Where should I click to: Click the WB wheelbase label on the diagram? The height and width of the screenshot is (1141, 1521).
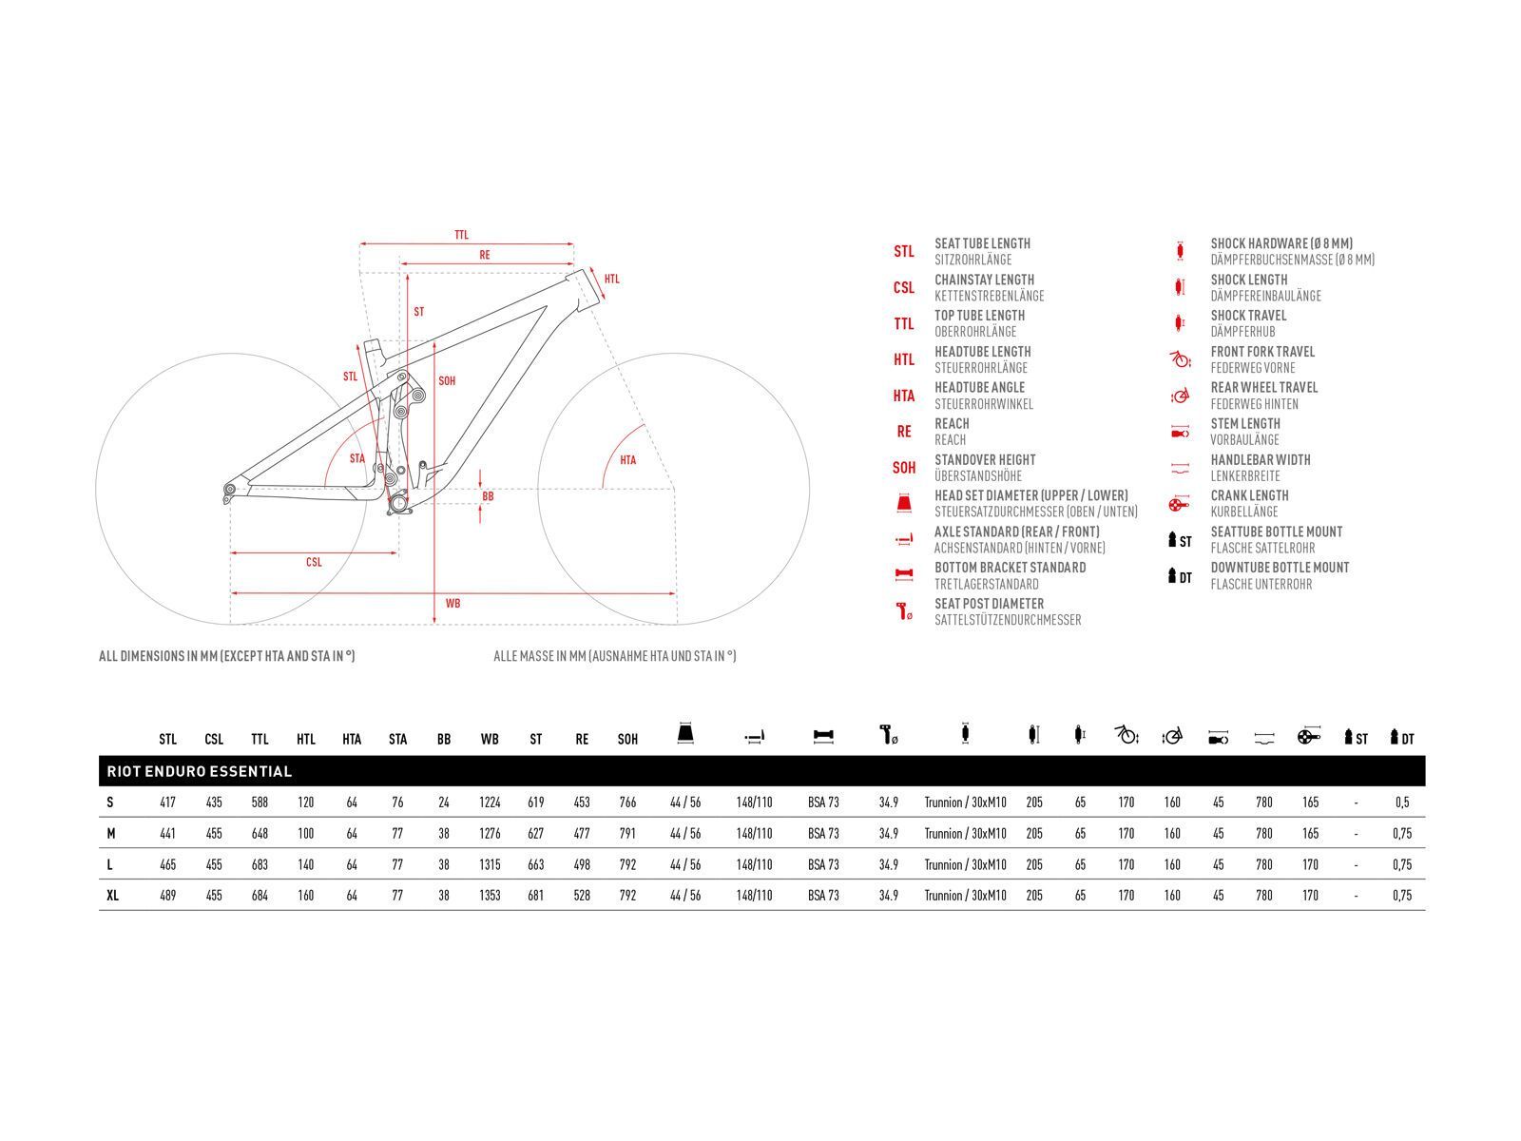[x=452, y=604]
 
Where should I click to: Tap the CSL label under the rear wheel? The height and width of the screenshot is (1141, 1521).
[x=314, y=562]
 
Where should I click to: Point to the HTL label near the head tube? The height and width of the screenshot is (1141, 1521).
[x=612, y=279]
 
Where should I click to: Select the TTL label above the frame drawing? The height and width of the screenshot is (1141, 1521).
[x=461, y=235]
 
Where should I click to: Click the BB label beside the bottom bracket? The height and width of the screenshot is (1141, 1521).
[x=488, y=496]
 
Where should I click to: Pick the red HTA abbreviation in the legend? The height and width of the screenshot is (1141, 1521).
[x=903, y=396]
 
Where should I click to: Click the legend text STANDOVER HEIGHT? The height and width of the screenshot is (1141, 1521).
[x=985, y=460]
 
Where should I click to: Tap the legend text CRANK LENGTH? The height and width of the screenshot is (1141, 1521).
[x=1249, y=495]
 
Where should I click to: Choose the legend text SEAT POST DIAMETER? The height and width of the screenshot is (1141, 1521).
[x=989, y=604]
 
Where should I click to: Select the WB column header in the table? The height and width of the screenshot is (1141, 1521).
[x=490, y=739]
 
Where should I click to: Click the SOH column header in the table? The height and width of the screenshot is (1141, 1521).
[x=627, y=739]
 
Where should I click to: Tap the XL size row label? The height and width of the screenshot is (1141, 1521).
[x=112, y=896]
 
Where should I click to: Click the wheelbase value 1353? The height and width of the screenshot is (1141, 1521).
[x=490, y=896]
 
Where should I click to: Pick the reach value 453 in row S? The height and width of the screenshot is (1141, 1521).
[x=582, y=803]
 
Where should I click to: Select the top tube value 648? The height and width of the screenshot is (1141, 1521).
[x=260, y=834]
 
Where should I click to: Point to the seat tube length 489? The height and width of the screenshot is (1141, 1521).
[x=168, y=896]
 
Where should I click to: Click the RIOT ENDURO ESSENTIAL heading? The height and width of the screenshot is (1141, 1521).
[x=200, y=771]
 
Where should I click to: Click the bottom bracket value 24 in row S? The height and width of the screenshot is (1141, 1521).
[x=444, y=803]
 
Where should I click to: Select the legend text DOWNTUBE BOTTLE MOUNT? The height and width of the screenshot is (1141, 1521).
[x=1280, y=568]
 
